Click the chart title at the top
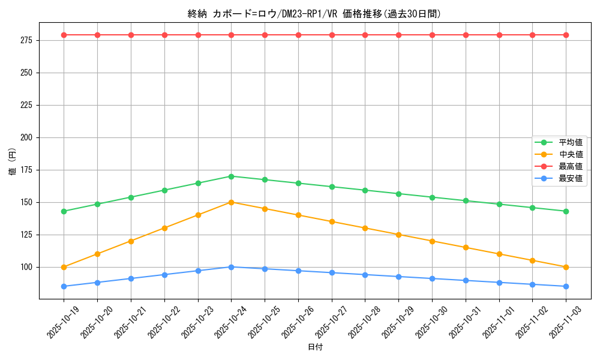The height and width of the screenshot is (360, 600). coord(314,14)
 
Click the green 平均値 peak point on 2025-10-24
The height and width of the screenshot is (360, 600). coord(231,176)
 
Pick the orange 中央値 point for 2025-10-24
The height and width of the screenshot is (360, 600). coord(231,202)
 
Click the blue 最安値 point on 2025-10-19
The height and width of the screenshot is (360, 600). coord(64,286)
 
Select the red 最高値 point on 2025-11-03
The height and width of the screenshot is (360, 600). coord(566,35)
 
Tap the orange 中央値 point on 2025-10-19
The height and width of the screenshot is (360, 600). coord(64,267)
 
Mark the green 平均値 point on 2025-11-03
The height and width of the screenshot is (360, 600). coord(566,211)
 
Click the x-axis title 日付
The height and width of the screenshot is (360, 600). coord(315,347)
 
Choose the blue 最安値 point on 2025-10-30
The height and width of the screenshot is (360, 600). coord(432,278)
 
